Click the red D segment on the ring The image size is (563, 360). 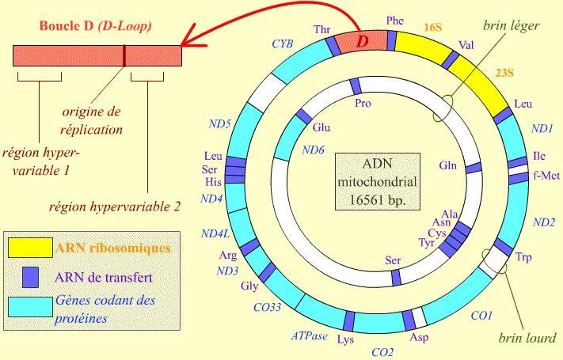click(x=362, y=40)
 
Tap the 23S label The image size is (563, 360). click(x=504, y=74)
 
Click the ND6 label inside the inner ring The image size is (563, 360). click(x=314, y=150)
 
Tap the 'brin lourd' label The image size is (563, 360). click(x=526, y=338)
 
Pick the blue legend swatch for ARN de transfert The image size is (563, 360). click(x=31, y=278)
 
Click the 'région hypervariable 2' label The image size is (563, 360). click(x=115, y=207)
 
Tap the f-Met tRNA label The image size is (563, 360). click(x=547, y=176)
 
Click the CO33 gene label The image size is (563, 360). click(x=268, y=308)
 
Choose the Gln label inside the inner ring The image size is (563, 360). click(x=449, y=165)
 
